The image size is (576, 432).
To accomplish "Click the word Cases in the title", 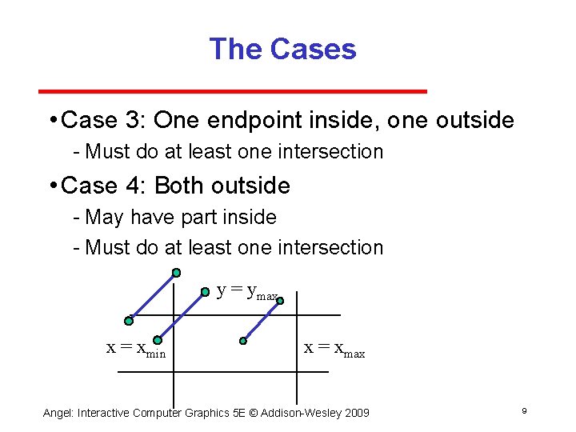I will [x=313, y=50].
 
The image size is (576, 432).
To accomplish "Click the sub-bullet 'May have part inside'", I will [x=180, y=217].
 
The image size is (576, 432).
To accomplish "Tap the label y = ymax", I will [x=248, y=292].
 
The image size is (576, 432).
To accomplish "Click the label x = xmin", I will [x=136, y=349].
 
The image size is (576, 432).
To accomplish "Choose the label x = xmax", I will [x=334, y=349].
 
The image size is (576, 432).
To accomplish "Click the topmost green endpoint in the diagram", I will [x=176, y=272].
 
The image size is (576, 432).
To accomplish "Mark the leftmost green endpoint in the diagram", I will [x=128, y=321].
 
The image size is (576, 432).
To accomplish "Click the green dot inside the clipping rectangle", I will [x=243, y=341].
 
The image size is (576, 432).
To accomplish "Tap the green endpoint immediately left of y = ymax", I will [x=205, y=292].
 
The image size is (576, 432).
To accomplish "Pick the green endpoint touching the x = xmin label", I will [x=158, y=340].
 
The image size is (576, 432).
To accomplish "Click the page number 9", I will [x=523, y=411].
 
